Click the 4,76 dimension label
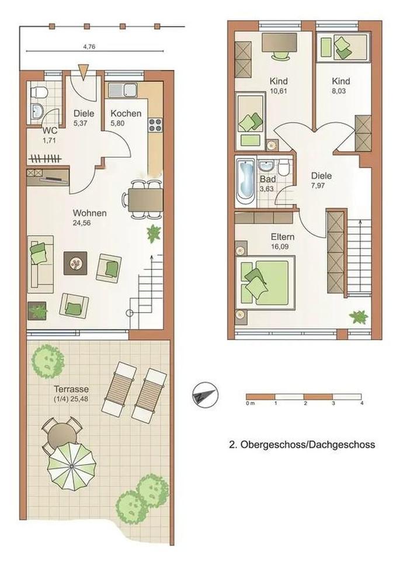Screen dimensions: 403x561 (89, 46)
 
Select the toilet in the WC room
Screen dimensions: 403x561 (39, 92)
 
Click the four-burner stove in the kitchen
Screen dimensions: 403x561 (155, 125)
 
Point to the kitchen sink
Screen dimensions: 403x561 (122, 90)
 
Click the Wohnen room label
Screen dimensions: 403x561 (90, 213)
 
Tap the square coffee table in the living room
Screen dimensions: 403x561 (75, 264)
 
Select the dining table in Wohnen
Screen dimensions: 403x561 (145, 200)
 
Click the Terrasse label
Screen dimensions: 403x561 (71, 389)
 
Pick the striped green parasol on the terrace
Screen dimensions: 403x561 (72, 466)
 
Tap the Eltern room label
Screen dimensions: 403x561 (283, 237)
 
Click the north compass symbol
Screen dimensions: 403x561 (204, 395)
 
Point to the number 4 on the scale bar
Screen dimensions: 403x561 (362, 403)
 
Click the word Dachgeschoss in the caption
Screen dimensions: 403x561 (343, 445)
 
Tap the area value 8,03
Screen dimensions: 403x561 (339, 91)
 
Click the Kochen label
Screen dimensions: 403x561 (126, 113)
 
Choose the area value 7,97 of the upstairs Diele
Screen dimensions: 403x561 (319, 186)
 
